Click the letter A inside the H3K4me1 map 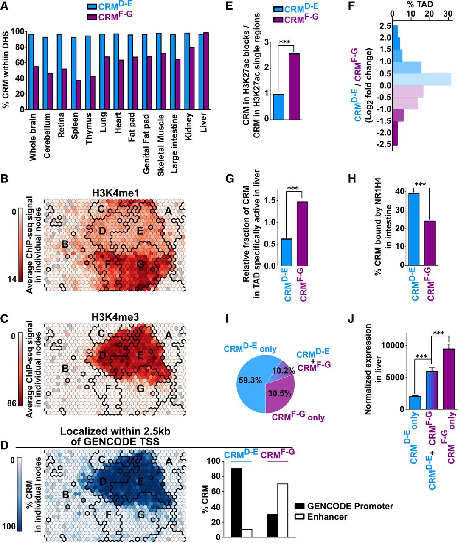168,211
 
